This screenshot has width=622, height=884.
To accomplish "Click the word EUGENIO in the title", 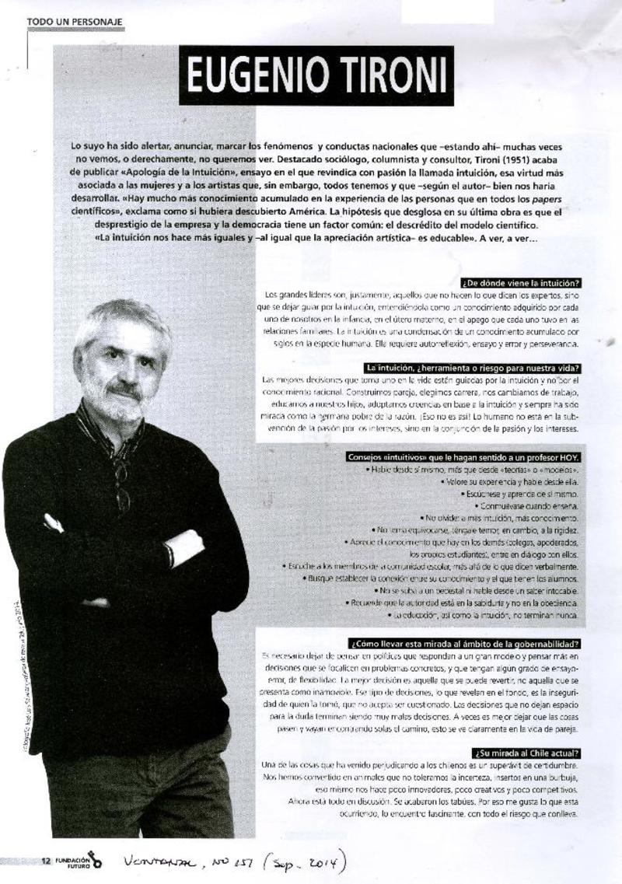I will (248, 76).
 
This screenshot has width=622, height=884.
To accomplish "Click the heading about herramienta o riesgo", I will (474, 367).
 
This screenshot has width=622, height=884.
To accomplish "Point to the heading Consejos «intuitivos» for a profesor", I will (466, 457).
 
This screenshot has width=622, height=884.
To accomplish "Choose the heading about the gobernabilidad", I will (466, 644).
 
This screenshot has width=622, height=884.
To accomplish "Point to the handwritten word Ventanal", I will (159, 861).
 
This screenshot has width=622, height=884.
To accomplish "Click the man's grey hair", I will (124, 319).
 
